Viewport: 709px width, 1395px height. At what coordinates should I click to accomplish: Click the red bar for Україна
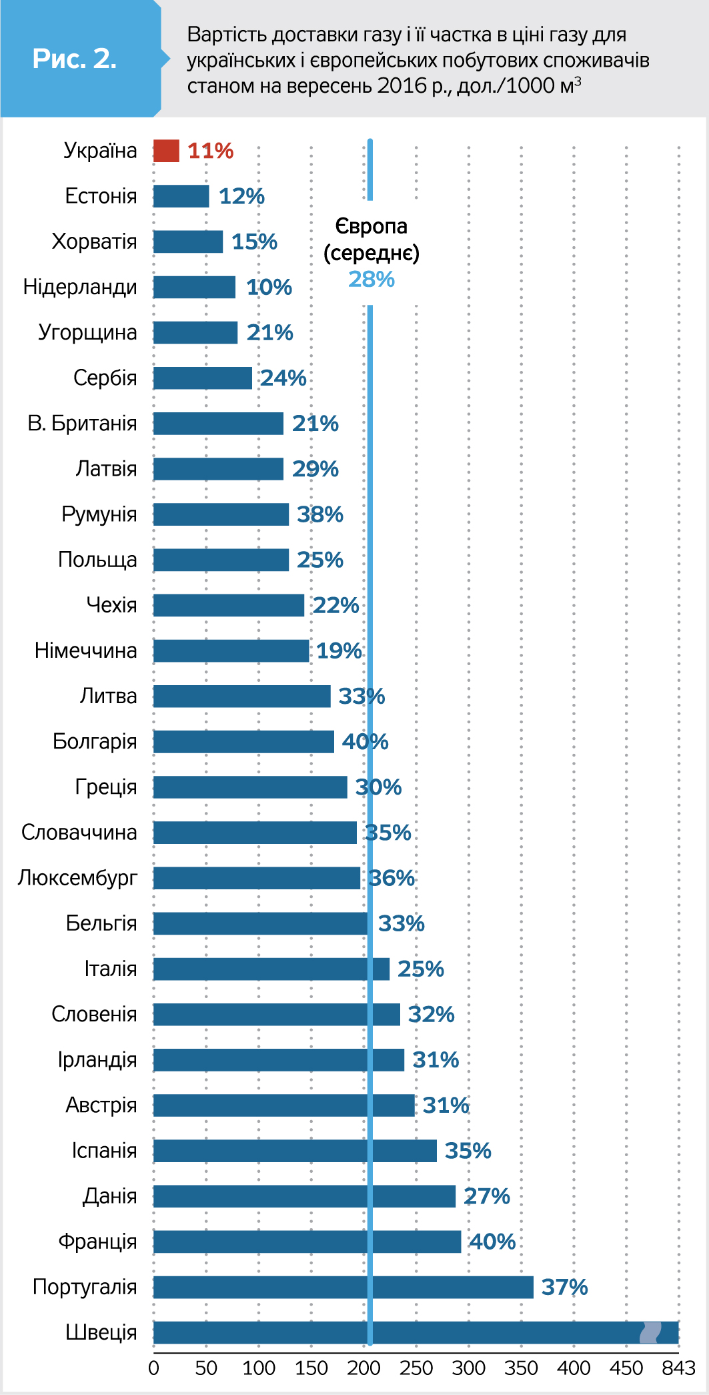tap(166, 151)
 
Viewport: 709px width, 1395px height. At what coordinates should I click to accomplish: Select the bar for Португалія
tap(343, 1287)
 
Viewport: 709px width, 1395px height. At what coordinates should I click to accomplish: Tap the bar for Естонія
tap(181, 196)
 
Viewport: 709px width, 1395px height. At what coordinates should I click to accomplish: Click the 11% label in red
tap(211, 151)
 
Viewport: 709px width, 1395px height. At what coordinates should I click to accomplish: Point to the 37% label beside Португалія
tap(564, 1287)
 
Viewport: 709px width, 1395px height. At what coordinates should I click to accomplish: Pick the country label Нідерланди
tap(80, 287)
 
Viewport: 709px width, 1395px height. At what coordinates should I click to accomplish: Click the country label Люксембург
tap(77, 878)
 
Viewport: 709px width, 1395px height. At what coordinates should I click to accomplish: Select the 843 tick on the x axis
tap(678, 1369)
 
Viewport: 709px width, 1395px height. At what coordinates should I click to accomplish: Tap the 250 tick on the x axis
tap(416, 1369)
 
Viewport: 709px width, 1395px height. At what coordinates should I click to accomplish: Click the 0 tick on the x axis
tap(153, 1369)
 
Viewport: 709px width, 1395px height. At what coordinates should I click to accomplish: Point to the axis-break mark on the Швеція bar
tap(650, 1332)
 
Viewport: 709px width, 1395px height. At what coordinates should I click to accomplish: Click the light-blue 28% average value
tap(372, 279)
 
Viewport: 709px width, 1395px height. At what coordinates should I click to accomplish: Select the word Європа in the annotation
tap(372, 227)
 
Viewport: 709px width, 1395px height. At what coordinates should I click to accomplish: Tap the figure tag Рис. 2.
tap(75, 59)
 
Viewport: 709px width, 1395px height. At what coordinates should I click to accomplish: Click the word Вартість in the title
tap(227, 34)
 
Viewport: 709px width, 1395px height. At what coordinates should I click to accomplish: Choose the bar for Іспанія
tap(295, 1151)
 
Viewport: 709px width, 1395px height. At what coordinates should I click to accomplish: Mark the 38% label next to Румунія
tap(320, 514)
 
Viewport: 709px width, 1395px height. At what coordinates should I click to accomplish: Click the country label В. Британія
tap(82, 424)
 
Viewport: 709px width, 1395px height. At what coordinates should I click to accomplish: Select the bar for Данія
tap(304, 1196)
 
